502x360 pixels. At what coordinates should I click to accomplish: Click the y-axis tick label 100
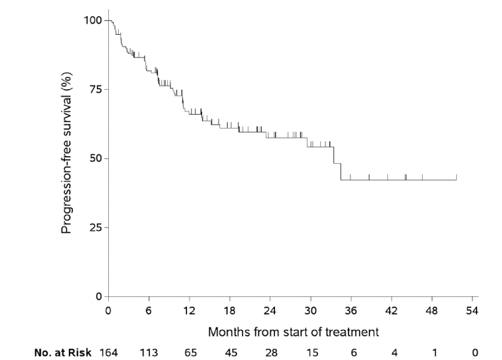93,20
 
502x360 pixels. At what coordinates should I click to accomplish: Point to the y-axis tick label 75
96,89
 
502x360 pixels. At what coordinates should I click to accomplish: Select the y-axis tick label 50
96,159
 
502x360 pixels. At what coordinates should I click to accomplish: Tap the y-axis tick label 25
96,228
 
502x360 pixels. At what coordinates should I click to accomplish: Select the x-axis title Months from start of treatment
293,332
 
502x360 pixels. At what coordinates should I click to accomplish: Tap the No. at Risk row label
63,352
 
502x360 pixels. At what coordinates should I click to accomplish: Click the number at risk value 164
108,352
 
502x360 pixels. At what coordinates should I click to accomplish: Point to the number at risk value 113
149,352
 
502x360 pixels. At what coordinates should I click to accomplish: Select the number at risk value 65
190,352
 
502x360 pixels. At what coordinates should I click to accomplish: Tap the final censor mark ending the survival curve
456,177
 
